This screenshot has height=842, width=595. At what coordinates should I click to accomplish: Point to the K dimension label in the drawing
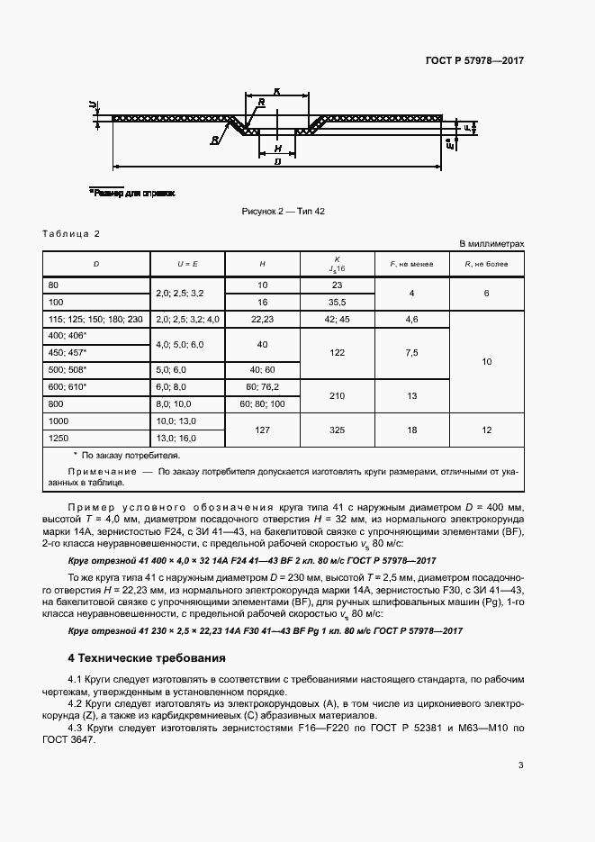277,91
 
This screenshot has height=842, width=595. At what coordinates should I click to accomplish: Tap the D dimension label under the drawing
278,161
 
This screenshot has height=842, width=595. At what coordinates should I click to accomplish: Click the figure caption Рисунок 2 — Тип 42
283,211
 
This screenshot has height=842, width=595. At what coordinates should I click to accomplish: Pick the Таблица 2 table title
71,234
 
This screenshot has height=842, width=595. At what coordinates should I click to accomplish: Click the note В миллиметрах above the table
491,244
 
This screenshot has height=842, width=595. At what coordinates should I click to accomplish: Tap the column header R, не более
486,264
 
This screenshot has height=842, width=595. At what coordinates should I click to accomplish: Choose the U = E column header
188,264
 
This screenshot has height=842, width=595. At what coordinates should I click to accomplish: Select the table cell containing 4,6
411,319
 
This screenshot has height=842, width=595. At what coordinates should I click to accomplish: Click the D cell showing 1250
62,439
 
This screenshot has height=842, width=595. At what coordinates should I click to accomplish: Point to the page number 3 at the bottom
521,765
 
